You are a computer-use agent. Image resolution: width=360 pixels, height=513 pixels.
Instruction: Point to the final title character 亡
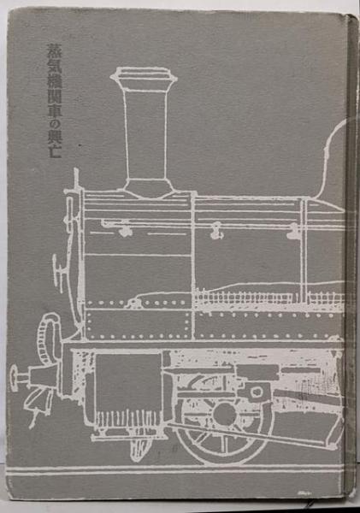pyautogui.click(x=55, y=151)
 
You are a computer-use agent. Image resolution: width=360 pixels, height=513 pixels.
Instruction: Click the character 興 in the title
pyautogui.click(x=55, y=139)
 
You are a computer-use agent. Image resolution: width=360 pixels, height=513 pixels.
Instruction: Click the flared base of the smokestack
pyautogui.click(x=148, y=188)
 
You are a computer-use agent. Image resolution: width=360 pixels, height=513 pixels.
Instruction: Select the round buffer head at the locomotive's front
pyautogui.click(x=14, y=378)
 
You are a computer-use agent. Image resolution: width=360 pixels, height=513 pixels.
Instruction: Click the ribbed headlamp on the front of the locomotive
pyautogui.click(x=49, y=338)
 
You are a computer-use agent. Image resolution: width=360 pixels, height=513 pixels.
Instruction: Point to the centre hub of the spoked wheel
pyautogui.click(x=224, y=414)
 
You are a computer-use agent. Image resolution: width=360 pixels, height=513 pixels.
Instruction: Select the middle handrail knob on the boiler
pyautogui.click(x=216, y=230)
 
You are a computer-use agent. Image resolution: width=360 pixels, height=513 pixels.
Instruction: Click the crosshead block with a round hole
pyautogui.click(x=257, y=392)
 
